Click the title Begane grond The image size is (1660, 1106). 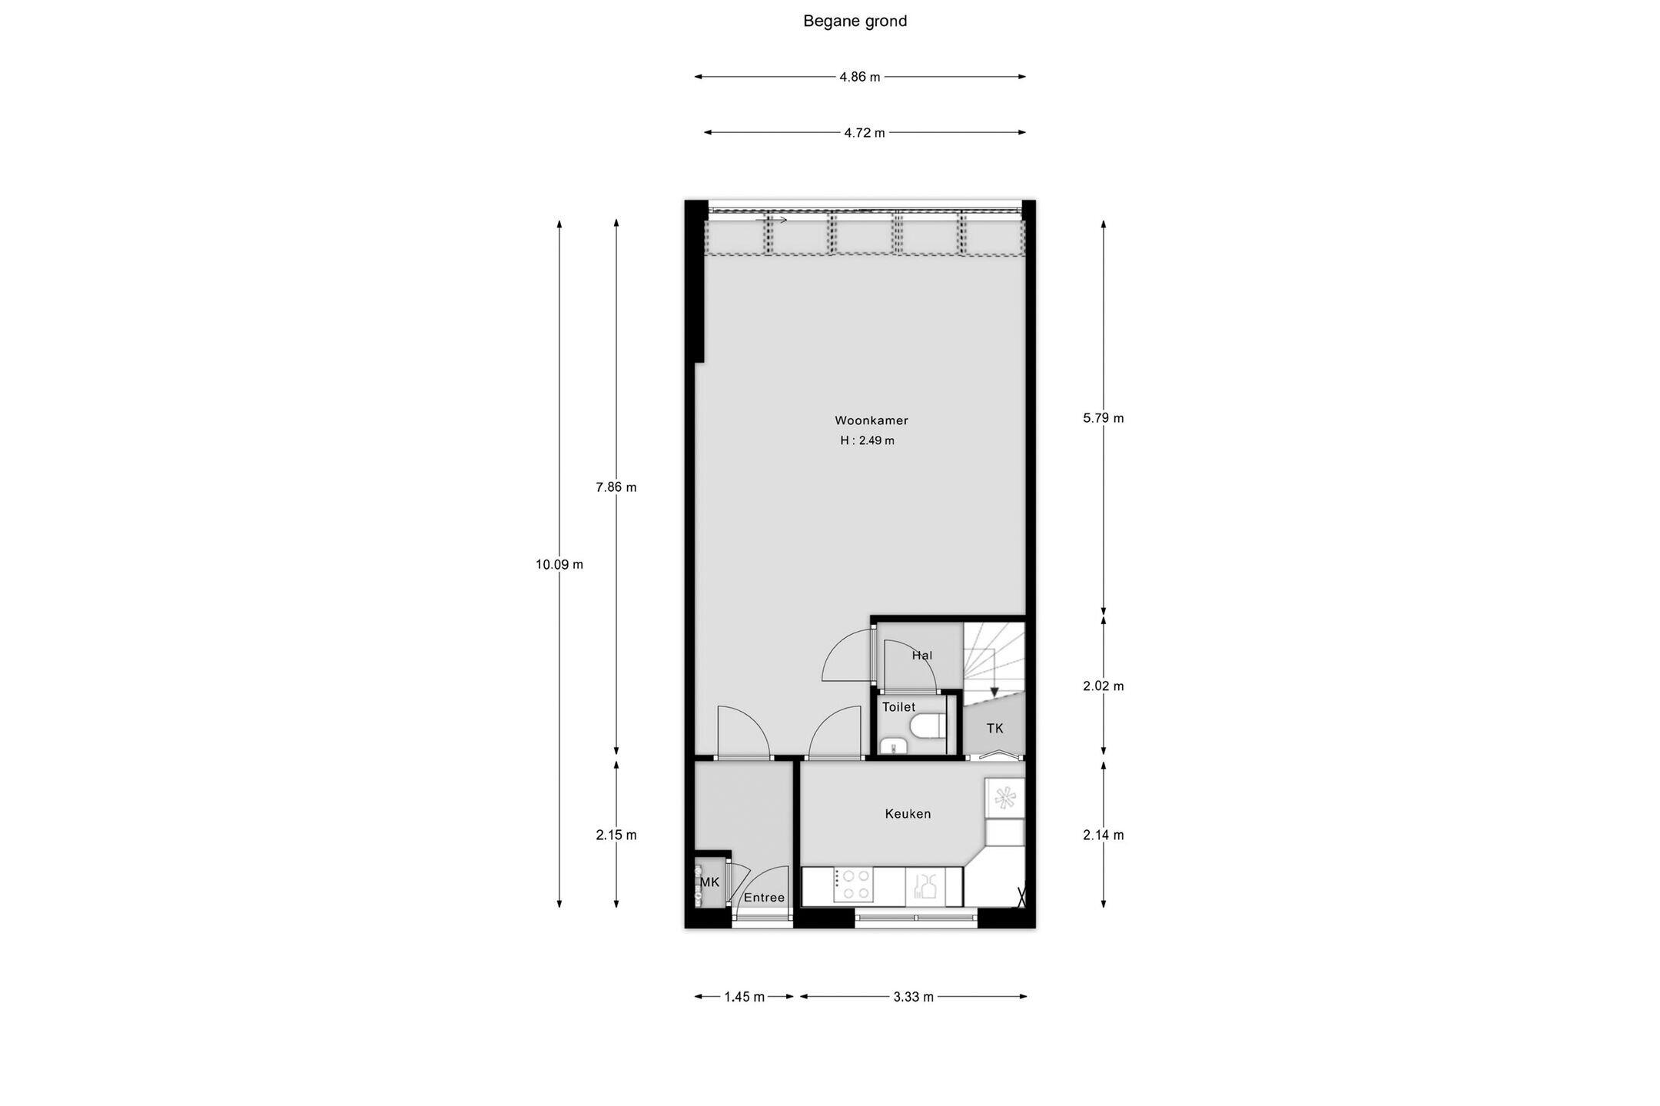855,22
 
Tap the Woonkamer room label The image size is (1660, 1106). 871,420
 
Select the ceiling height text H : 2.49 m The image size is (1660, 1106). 867,441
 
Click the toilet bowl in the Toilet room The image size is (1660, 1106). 925,726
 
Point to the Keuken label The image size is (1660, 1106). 908,814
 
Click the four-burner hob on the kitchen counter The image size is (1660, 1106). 853,885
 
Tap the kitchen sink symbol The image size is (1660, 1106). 925,885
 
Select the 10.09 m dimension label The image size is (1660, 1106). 559,565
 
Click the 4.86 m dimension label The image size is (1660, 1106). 860,77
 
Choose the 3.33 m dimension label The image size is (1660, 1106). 914,998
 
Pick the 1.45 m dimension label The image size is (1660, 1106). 745,998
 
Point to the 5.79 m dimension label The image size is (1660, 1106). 1104,419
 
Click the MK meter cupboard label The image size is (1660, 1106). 710,882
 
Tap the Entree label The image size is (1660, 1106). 764,898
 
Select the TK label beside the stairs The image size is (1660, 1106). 994,729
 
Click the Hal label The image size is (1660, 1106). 922,656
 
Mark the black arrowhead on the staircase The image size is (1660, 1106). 994,692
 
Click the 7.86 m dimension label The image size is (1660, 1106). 616,487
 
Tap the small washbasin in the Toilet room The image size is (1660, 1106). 891,745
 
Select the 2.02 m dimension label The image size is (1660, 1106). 1104,686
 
